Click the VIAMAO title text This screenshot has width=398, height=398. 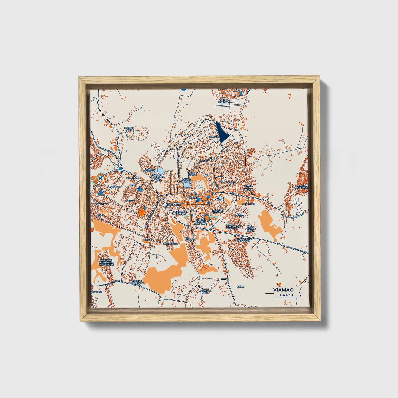(283, 290)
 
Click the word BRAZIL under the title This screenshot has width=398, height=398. (287, 295)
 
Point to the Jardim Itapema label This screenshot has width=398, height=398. (223, 101)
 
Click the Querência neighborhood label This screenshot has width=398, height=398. (114, 186)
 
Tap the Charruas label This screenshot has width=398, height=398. (132, 178)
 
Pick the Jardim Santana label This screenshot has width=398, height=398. (149, 170)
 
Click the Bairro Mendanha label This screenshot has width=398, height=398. (186, 180)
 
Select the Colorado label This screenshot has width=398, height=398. (249, 204)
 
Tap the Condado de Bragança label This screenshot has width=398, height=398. (244, 240)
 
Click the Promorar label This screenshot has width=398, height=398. (170, 244)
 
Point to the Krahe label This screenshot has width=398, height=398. (147, 240)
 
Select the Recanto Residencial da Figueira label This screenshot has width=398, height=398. (107, 262)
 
